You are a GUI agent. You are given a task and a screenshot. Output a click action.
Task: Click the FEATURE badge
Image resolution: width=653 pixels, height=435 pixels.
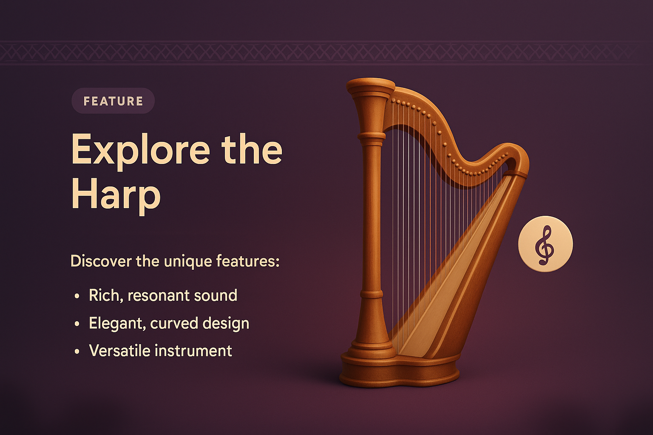113,101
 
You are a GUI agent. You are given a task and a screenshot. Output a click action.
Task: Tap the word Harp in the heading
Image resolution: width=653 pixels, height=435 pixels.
116,195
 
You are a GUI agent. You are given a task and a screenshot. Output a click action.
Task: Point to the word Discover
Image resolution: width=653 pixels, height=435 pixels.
101,261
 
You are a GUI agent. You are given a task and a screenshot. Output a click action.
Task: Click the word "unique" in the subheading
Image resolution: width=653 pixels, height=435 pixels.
188,261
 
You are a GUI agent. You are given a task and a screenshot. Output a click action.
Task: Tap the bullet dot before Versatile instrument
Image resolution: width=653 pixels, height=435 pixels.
77,351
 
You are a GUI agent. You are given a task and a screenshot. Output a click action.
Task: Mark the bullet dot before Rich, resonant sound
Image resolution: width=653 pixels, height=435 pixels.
77,296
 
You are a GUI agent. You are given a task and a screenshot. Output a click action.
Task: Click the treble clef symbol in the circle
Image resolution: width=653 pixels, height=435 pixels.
545,245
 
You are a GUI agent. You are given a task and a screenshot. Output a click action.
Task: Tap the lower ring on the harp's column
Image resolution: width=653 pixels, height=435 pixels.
372,294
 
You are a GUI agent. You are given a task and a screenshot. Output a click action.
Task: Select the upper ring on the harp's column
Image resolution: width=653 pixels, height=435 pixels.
371,136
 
